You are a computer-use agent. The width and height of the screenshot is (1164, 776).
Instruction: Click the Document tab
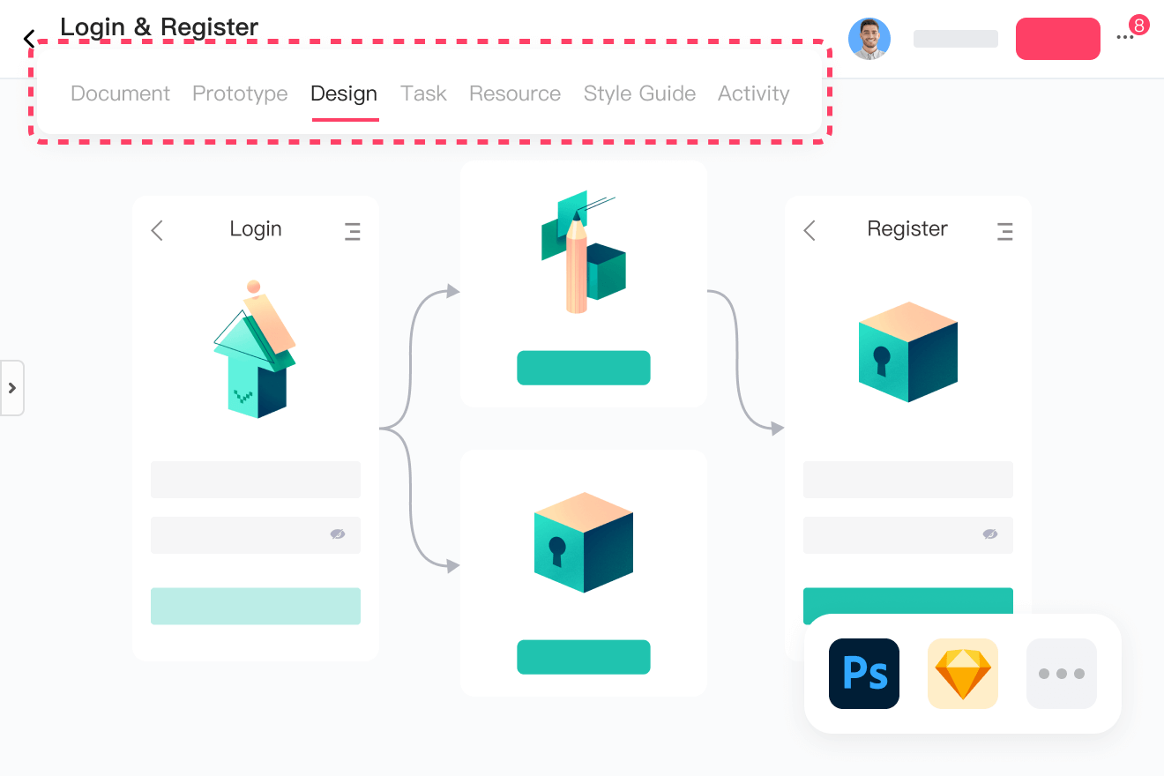coord(120,93)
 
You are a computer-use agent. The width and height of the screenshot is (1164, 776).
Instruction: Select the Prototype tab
coord(240,93)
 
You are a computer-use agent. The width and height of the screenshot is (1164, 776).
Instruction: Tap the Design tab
coord(344,93)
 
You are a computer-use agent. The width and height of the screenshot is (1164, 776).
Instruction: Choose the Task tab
coord(423,93)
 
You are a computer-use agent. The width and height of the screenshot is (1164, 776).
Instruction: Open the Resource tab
coord(515,93)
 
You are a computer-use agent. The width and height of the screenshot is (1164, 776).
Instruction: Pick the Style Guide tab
coord(639,93)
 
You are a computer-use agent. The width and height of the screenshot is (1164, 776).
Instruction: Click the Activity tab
coord(753,93)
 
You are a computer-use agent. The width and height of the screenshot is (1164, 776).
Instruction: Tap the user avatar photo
coord(869,39)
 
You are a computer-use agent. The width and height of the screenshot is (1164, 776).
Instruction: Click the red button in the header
coord(1057,39)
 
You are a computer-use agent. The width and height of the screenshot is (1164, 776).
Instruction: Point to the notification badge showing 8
coord(1138,26)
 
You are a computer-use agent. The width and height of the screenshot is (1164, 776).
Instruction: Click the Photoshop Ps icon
coord(864,674)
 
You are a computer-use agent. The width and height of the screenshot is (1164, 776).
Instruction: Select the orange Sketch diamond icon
coord(963,674)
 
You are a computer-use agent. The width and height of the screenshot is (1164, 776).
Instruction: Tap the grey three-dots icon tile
coord(1062,674)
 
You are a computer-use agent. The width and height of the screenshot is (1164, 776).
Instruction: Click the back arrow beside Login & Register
coord(29,39)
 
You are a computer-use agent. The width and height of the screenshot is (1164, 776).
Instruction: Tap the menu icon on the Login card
coord(353,231)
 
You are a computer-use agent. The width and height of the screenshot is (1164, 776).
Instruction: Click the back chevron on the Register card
coord(810,231)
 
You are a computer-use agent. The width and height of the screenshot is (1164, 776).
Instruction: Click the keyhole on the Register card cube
coord(882,360)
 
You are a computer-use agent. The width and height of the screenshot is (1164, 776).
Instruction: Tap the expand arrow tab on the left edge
coord(12,388)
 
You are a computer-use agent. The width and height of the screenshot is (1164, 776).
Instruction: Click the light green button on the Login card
coord(256,606)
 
